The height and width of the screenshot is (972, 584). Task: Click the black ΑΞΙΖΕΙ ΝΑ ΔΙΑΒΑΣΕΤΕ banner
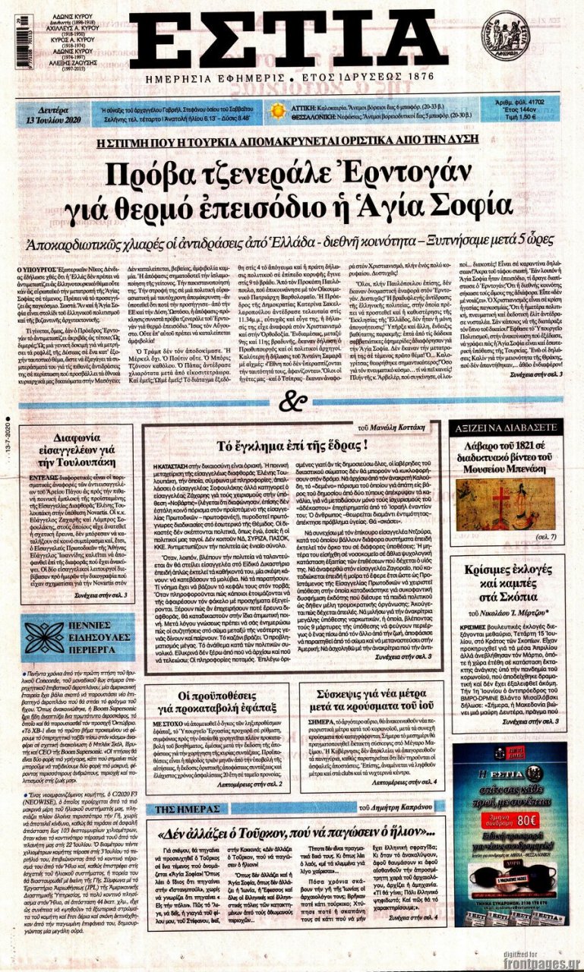[504, 428]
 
